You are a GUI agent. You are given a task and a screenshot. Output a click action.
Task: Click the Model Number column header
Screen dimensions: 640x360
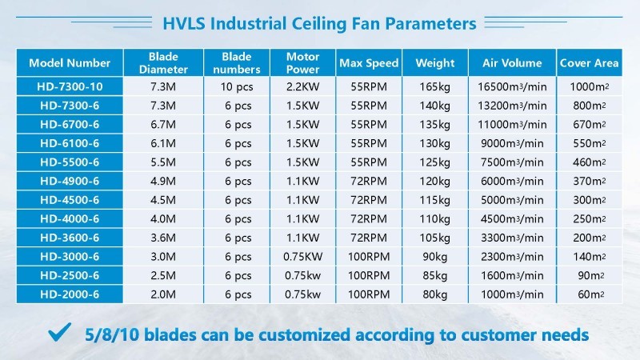[70, 63]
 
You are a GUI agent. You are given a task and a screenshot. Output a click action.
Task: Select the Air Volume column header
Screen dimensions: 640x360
[512, 63]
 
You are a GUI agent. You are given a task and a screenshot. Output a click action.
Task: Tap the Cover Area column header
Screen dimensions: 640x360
[589, 63]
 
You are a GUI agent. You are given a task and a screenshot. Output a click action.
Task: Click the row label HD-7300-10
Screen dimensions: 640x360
[70, 86]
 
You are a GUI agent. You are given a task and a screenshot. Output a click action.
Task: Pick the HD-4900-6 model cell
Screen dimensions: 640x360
[70, 181]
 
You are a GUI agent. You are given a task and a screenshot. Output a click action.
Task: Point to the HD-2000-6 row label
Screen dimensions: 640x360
[70, 294]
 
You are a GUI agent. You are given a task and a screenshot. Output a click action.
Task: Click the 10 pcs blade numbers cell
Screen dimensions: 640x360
[237, 86]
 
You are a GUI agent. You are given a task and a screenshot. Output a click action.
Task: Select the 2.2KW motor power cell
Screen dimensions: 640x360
[303, 86]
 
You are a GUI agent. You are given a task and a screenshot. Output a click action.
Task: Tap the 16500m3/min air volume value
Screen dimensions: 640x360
[512, 86]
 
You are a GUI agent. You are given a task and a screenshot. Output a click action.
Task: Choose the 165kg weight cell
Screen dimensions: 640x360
[435, 86]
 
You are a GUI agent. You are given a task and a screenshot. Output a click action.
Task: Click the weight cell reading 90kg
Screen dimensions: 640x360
[435, 257]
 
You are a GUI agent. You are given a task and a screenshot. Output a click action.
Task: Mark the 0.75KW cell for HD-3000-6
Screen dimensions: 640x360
[303, 257]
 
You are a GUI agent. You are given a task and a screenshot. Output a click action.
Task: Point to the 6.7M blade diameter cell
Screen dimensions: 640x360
[163, 125]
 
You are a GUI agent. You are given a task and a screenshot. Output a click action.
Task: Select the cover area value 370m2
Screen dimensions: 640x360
[589, 181]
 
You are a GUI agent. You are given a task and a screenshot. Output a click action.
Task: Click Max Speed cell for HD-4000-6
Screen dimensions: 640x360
[369, 218]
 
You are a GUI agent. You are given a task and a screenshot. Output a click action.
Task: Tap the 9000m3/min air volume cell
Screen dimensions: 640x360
[512, 143]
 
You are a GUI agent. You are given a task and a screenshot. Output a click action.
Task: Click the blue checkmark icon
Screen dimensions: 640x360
[59, 332]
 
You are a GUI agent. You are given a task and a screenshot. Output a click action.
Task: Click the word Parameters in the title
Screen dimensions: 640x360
[430, 24]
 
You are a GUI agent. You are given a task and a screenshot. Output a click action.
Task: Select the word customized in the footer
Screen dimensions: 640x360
[305, 335]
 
